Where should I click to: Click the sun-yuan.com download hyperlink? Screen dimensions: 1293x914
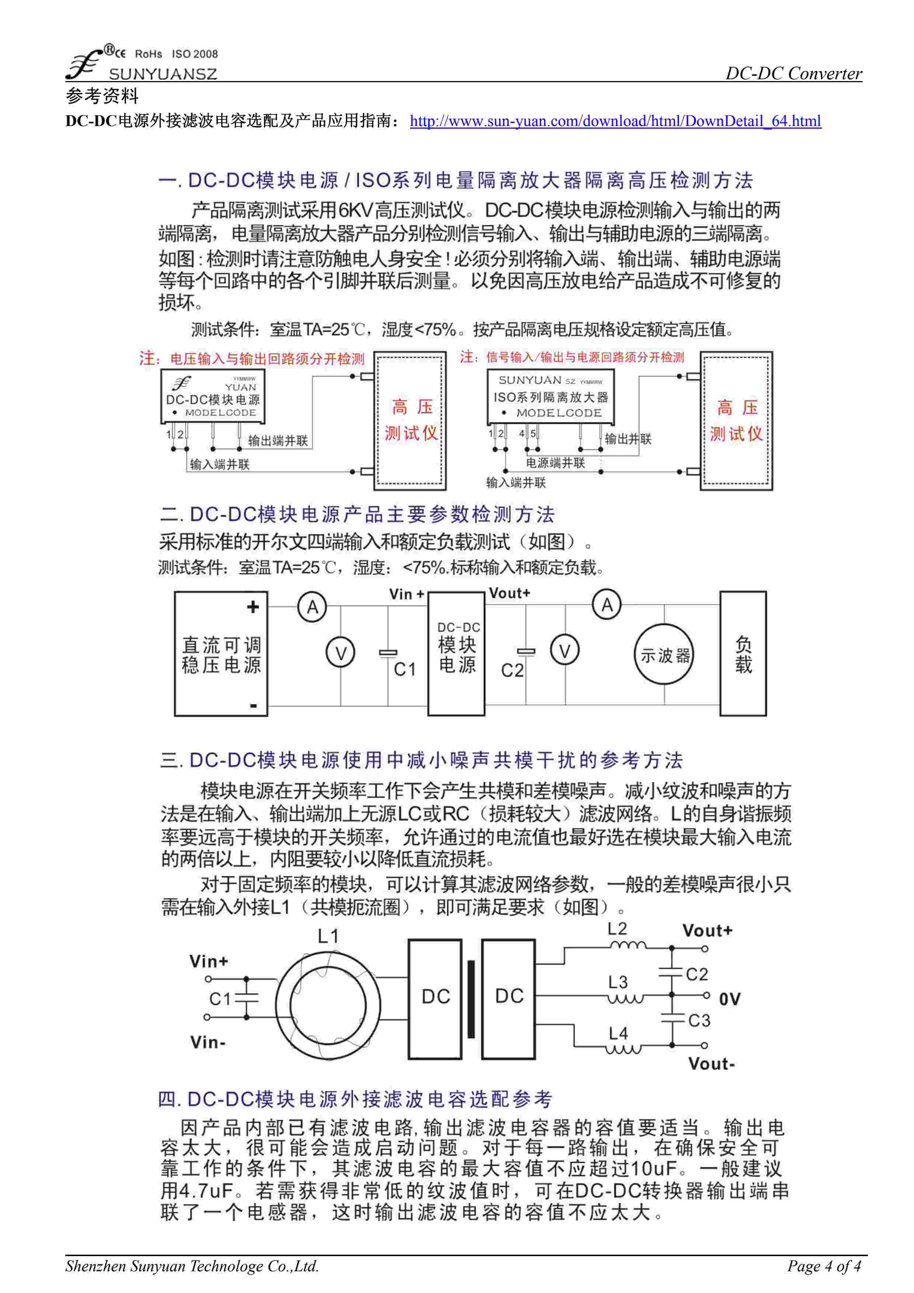[615, 121]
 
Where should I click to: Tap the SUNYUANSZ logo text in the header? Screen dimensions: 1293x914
[162, 74]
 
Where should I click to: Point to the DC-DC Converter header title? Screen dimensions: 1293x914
[793, 73]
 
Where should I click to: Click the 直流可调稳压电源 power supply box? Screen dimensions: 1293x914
[221, 654]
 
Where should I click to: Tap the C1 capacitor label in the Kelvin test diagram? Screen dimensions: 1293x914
[404, 670]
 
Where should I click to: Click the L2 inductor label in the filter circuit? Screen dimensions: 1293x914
[617, 929]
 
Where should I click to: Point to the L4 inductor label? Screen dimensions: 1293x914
[618, 1034]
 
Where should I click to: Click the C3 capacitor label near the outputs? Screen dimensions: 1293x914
[699, 1021]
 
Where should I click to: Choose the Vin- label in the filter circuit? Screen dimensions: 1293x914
[208, 1042]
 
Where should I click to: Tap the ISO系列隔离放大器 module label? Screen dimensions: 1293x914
[551, 397]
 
